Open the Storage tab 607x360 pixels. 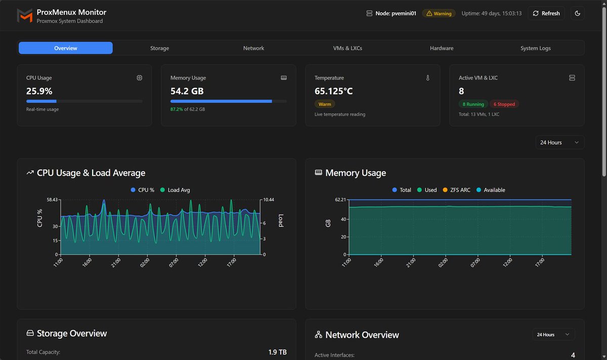pos(159,48)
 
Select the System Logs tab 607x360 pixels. pos(535,48)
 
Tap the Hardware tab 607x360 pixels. pos(441,48)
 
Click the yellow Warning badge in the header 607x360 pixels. pos(439,14)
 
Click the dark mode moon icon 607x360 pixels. pos(578,14)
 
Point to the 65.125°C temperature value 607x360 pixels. pos(333,91)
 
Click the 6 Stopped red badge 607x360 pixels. pos(504,104)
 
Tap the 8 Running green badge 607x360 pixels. pos(473,104)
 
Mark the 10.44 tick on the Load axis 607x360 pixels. pos(268,200)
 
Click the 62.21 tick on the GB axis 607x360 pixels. pos(340,200)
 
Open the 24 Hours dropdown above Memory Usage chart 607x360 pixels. pos(559,143)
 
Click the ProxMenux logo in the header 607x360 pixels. pos(24,16)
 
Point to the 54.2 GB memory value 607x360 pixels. pos(187,91)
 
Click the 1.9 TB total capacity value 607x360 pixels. pos(277,352)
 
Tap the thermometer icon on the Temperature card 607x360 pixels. pos(427,78)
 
